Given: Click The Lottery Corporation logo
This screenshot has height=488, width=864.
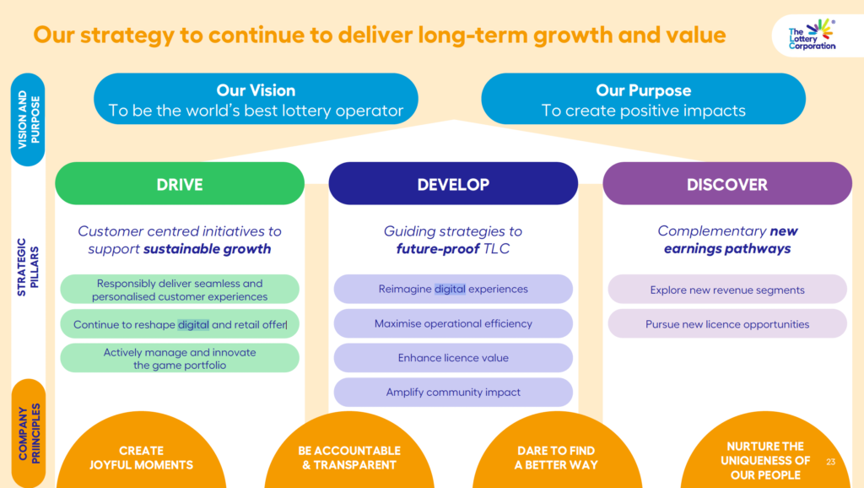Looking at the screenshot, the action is pyautogui.click(x=813, y=35).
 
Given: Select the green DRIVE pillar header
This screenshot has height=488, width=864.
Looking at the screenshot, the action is pyautogui.click(x=180, y=183).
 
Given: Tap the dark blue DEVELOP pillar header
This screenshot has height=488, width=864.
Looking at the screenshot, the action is pyautogui.click(x=453, y=183).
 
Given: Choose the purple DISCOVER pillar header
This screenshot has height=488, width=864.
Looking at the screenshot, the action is pyautogui.click(x=727, y=183).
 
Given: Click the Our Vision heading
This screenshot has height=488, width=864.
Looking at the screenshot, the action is pyautogui.click(x=256, y=90).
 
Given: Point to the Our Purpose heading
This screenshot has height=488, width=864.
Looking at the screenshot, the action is pyautogui.click(x=644, y=90).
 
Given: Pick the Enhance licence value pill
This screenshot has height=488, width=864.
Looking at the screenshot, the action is pyautogui.click(x=453, y=358).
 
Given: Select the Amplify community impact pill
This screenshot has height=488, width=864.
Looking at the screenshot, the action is pyautogui.click(x=453, y=392).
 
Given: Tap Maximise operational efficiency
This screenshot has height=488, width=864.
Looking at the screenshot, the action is pyautogui.click(x=453, y=323).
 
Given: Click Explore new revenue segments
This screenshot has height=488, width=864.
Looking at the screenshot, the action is pyautogui.click(x=727, y=290).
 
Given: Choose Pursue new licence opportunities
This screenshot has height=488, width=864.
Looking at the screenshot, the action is pyautogui.click(x=727, y=323).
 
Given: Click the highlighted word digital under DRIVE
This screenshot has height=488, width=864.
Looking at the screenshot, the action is pyautogui.click(x=193, y=325).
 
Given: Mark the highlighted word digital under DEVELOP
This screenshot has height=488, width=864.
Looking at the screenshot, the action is pyautogui.click(x=450, y=289).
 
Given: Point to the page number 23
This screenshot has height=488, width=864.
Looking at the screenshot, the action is pyautogui.click(x=831, y=462).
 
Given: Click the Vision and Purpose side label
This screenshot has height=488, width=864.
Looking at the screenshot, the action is pyautogui.click(x=28, y=120).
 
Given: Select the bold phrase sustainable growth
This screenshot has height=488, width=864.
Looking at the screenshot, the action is pyautogui.click(x=208, y=249).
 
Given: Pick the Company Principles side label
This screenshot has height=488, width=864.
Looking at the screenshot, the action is pyautogui.click(x=28, y=433).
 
